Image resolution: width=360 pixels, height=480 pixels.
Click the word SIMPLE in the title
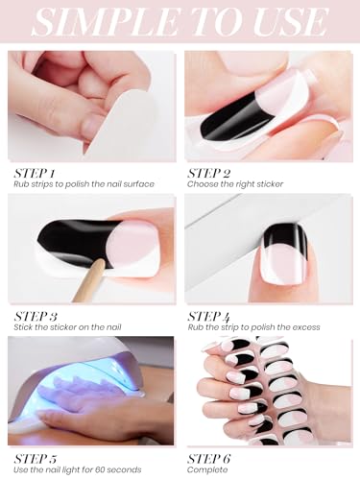pos(106,22)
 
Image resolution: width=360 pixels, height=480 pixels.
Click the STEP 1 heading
pos(35,174)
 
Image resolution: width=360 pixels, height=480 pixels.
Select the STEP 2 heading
pos(208,174)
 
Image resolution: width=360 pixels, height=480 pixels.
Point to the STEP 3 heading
pos(36,317)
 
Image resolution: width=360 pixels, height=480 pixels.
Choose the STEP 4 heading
pos(208,317)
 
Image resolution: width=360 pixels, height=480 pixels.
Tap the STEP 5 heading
pos(36,459)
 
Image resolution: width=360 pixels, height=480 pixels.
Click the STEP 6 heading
pos(208,459)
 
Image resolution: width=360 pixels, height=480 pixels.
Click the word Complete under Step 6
pos(207,470)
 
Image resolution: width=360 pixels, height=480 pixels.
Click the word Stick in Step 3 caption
pos(22,327)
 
